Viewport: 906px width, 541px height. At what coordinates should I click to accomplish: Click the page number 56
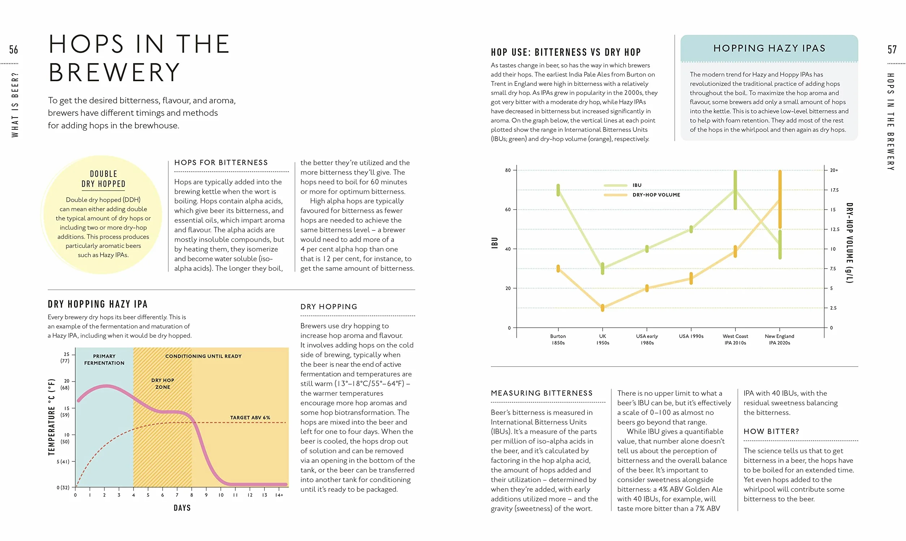pyautogui.click(x=13, y=49)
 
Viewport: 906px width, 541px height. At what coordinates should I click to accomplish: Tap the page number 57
pyautogui.click(x=892, y=49)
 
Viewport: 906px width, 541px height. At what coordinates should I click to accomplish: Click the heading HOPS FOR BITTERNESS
pyautogui.click(x=221, y=163)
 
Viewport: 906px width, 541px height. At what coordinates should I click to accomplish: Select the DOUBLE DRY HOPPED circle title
pyautogui.click(x=104, y=179)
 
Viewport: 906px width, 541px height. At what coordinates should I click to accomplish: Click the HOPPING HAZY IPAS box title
pyautogui.click(x=769, y=48)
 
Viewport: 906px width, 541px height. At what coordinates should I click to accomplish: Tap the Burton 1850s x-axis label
pyautogui.click(x=558, y=339)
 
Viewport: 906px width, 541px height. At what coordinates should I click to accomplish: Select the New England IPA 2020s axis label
pyautogui.click(x=779, y=339)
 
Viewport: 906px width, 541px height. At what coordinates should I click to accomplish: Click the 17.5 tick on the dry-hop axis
pyautogui.click(x=835, y=190)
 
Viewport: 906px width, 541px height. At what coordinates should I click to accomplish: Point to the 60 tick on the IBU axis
pyautogui.click(x=508, y=210)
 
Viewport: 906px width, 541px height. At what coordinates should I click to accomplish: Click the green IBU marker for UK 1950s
pyautogui.click(x=602, y=268)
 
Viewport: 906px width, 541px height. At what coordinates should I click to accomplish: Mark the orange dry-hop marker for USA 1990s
pyautogui.click(x=691, y=278)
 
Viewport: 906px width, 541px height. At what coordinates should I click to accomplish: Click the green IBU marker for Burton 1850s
pyautogui.click(x=558, y=190)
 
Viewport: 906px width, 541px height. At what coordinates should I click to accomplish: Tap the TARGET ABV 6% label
pyautogui.click(x=250, y=417)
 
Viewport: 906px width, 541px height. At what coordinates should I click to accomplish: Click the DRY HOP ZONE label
pyautogui.click(x=163, y=383)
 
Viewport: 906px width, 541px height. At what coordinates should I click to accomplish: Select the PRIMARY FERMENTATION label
pyautogui.click(x=104, y=360)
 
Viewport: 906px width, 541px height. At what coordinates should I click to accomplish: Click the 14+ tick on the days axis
pyautogui.click(x=279, y=495)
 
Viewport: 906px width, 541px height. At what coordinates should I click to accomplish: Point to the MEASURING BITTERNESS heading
pyautogui.click(x=542, y=393)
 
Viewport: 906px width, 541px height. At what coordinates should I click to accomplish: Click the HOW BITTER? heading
pyautogui.click(x=771, y=431)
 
